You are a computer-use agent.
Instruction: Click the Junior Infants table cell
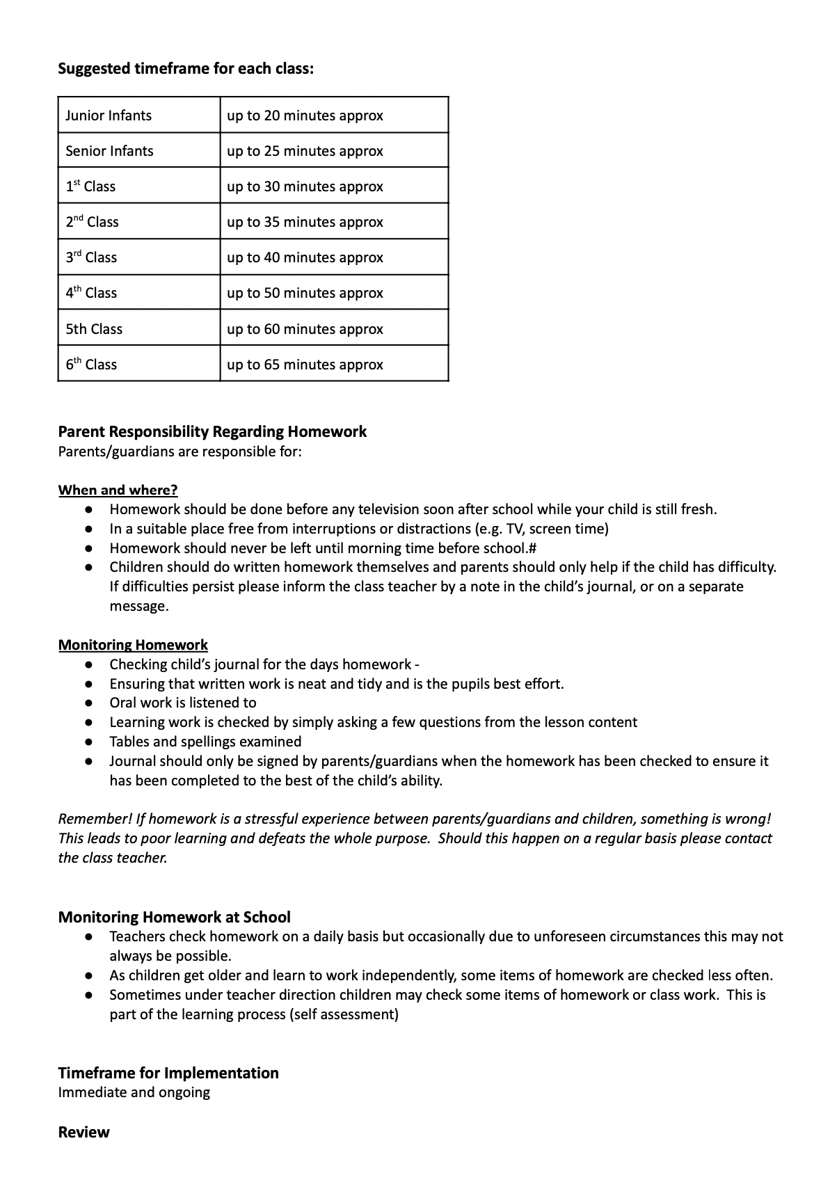[x=109, y=115]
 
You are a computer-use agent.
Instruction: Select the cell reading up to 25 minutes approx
[x=305, y=151]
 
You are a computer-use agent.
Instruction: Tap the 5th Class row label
[x=94, y=329]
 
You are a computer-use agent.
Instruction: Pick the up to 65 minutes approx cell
[x=305, y=365]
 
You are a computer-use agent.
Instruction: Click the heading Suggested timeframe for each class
[x=186, y=69]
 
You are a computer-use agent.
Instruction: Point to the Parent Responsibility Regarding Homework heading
[x=212, y=431]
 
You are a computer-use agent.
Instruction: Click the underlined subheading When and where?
[x=118, y=490]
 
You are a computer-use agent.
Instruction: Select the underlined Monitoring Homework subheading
[x=133, y=645]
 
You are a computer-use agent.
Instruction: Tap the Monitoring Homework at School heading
[x=174, y=917]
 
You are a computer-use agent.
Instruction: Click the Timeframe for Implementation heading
[x=168, y=1073]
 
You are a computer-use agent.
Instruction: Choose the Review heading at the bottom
[x=83, y=1132]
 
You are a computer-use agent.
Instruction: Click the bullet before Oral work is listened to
[x=89, y=703]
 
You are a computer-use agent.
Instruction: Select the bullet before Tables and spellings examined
[x=89, y=742]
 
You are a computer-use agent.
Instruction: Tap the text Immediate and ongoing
[x=134, y=1092]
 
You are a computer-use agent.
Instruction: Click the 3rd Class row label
[x=91, y=257]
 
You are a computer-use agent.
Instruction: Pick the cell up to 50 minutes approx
[x=305, y=293]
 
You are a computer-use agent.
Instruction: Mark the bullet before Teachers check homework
[x=89, y=937]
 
